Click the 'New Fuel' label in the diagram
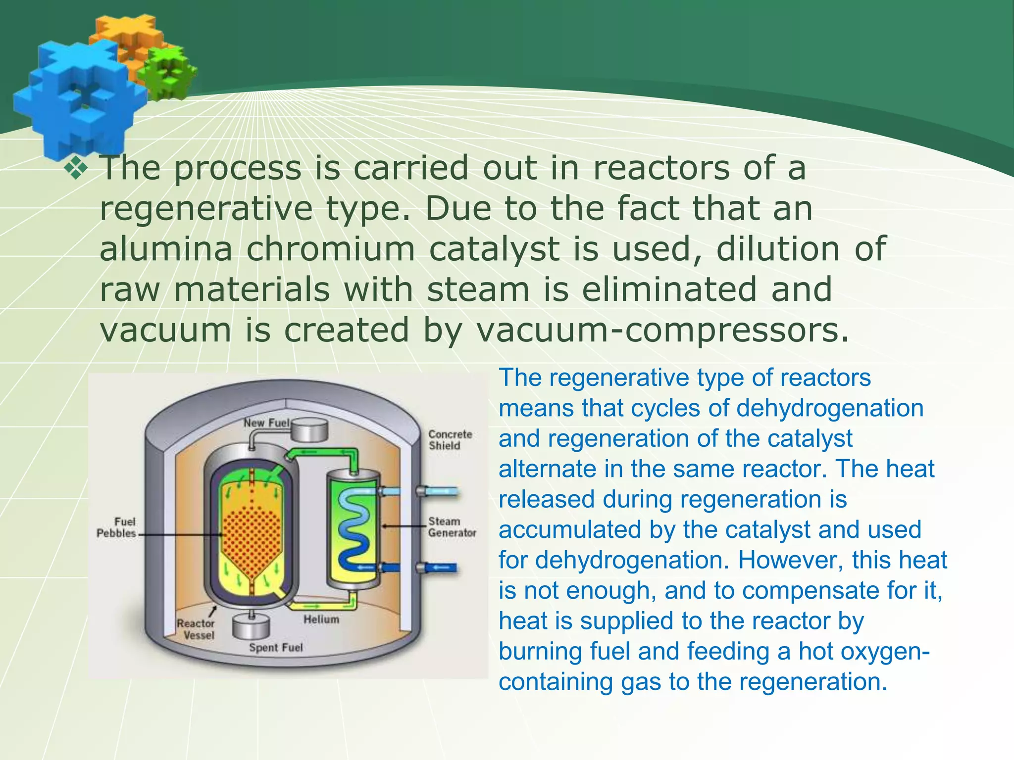pyautogui.click(x=266, y=423)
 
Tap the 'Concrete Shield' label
pyautogui.click(x=450, y=440)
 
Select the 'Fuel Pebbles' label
pyautogui.click(x=116, y=527)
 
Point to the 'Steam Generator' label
pyautogui.click(x=452, y=527)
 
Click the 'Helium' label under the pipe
pyautogui.click(x=321, y=619)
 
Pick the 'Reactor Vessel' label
pyautogui.click(x=196, y=629)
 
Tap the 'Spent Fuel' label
pyautogui.click(x=276, y=648)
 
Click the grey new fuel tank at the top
pyautogui.click(x=309, y=430)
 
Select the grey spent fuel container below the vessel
pyautogui.click(x=252, y=627)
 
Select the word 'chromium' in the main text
pyautogui.click(x=330, y=249)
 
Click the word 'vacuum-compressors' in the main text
pyautogui.click(x=662, y=331)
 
